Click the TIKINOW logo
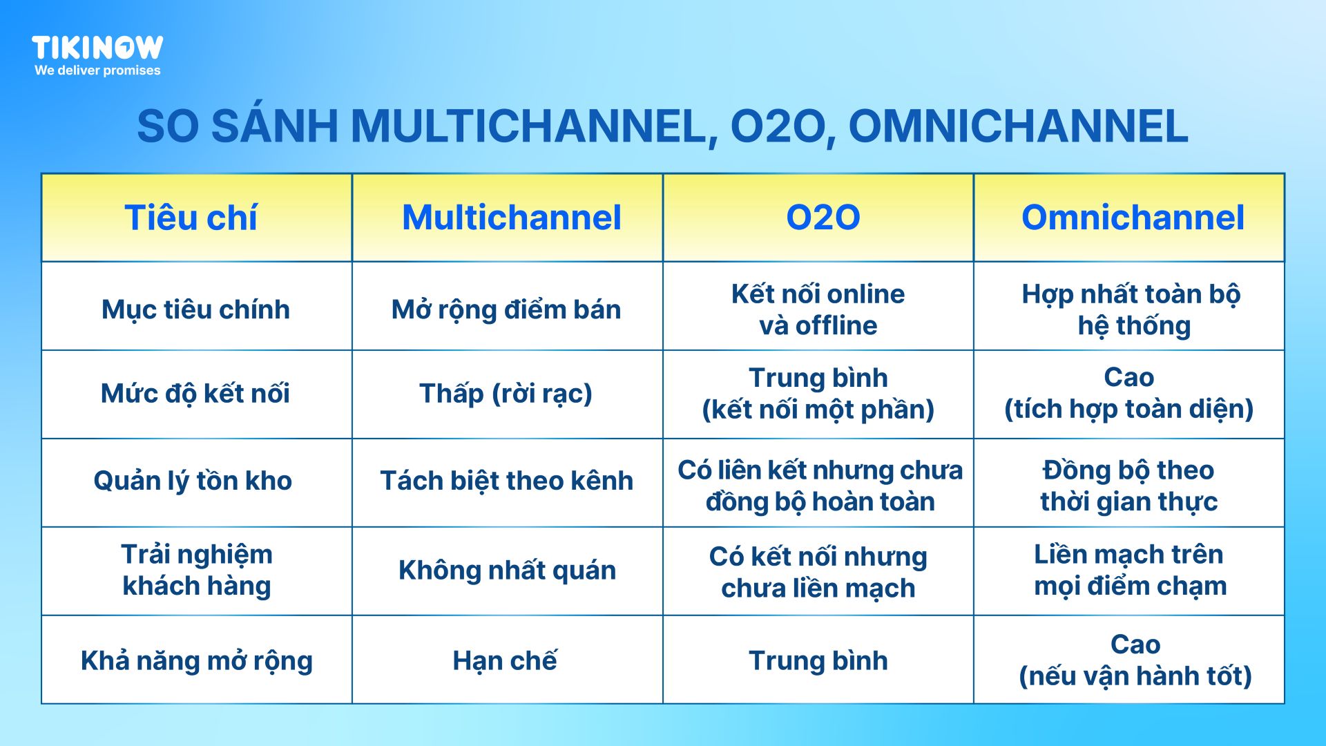[x=97, y=48]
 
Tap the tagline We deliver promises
[x=97, y=70]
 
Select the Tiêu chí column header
[x=191, y=218]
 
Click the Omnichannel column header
[x=1133, y=218]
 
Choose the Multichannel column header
[x=512, y=218]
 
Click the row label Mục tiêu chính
[x=195, y=309]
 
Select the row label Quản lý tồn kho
[x=193, y=481]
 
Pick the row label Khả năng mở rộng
[x=197, y=661]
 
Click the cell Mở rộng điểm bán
[x=506, y=309]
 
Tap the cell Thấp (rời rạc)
[x=506, y=394]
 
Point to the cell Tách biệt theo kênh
[x=506, y=481]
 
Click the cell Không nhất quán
[x=507, y=571]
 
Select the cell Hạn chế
[x=505, y=661]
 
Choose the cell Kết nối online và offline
[x=818, y=309]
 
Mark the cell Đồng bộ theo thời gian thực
[x=1129, y=486]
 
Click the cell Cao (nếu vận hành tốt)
[x=1135, y=660]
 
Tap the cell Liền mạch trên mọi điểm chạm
[x=1130, y=571]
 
